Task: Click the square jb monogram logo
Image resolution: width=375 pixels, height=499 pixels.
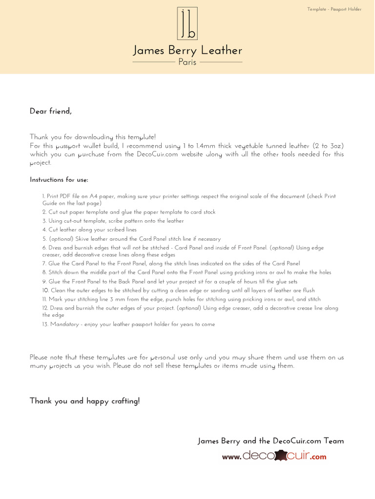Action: tap(187, 23)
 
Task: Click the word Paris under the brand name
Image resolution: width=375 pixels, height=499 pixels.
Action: tap(187, 62)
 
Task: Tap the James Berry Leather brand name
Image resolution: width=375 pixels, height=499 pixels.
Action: tap(187, 50)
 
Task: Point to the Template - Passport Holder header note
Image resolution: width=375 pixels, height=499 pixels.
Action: tap(334, 9)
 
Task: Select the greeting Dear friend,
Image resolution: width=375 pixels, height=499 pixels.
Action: tap(51, 111)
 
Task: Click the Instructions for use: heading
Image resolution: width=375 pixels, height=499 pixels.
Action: tap(59, 180)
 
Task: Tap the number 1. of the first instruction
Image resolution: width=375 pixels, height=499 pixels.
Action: tap(44, 196)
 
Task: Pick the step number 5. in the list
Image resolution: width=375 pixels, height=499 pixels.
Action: tap(44, 239)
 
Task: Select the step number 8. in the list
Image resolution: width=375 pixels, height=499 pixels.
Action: tap(44, 272)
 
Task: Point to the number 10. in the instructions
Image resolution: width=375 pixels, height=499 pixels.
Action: tap(45, 290)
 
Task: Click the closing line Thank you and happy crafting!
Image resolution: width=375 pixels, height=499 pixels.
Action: tap(84, 401)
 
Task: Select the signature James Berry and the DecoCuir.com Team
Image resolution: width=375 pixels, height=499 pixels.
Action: tap(271, 441)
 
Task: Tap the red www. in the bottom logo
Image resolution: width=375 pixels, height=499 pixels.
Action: tap(232, 457)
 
